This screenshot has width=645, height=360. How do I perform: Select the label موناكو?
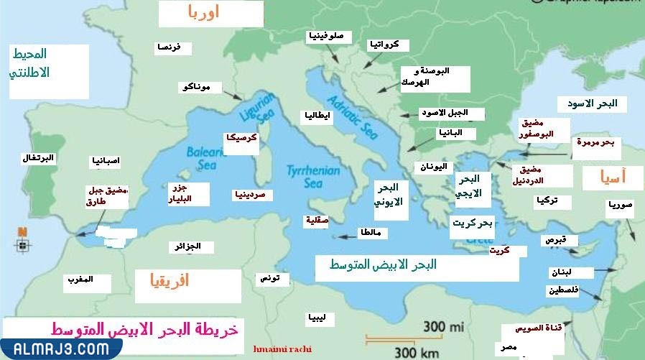tap(197, 87)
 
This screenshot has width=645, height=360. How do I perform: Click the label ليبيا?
tap(316, 317)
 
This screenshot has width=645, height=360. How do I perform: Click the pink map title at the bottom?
tap(144, 329)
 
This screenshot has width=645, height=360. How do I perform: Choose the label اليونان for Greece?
tap(433, 167)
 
